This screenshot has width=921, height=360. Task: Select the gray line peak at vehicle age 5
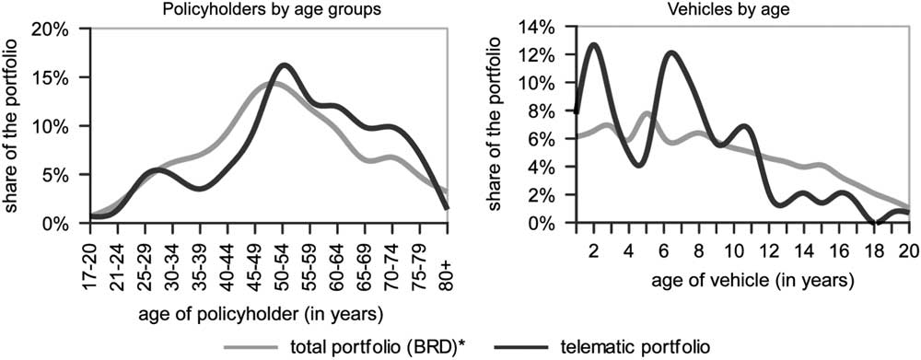647,113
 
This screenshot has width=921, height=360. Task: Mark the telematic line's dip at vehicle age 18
877,224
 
